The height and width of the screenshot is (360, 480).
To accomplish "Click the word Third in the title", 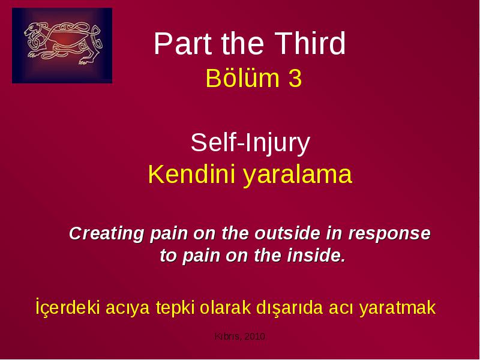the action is tap(310, 43).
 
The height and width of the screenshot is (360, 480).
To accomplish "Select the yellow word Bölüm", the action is tap(243, 78).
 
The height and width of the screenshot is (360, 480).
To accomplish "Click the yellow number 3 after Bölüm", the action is tap(295, 79).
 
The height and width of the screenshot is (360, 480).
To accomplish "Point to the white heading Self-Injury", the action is tap(250, 143).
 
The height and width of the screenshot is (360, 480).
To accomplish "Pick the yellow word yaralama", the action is tap(298, 175).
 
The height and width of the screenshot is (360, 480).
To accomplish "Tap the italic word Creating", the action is tap(107, 234).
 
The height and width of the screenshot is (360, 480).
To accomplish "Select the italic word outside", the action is tap(288, 233).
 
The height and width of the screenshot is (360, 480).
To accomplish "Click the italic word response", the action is tap(389, 234).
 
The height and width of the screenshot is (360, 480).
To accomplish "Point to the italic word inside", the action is tap(316, 256).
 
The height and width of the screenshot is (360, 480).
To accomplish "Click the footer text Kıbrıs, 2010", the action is tap(239, 337).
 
